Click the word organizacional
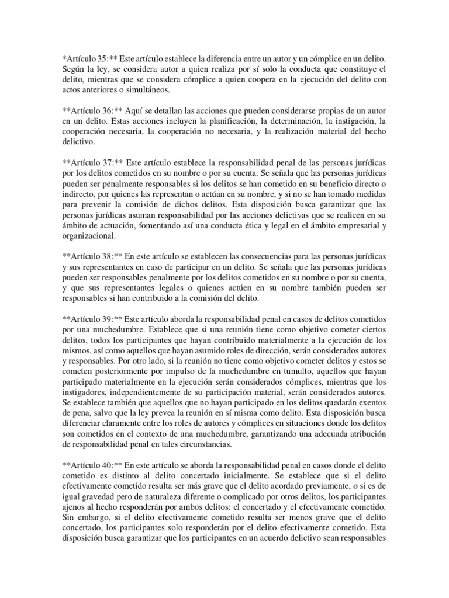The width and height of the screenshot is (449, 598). pos(89,237)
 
